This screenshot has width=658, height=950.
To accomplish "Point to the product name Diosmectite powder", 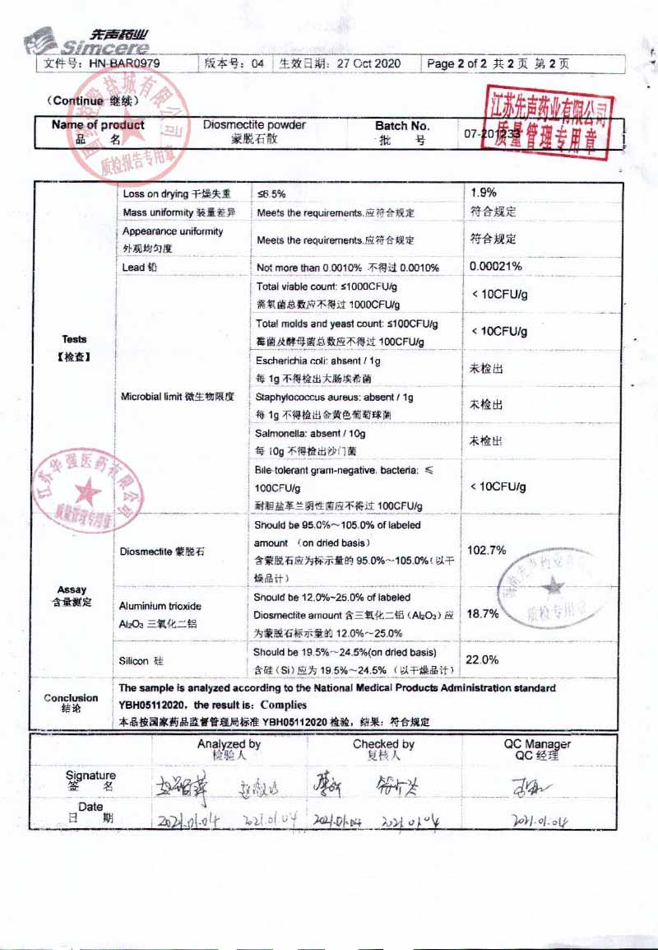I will point(254,125).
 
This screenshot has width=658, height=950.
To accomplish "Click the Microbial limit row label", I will point(177,397).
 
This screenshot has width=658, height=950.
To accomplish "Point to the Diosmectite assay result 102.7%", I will point(486,550).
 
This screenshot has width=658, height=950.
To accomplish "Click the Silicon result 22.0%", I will point(482,659).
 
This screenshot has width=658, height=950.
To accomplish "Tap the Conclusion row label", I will point(71,702).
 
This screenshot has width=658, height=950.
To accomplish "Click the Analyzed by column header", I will point(229,748).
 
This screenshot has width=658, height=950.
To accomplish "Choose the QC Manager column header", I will point(536,748).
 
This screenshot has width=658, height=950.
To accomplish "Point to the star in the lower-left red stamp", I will point(87,494).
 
